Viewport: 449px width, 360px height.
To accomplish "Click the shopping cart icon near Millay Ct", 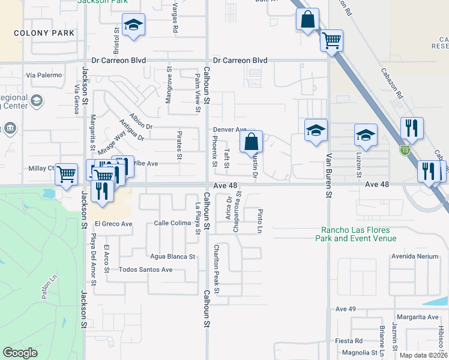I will [x=66, y=175].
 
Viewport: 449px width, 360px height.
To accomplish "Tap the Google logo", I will [x=20, y=353].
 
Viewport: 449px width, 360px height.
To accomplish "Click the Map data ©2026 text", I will [x=423, y=355].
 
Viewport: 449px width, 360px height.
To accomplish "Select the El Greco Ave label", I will [x=112, y=224].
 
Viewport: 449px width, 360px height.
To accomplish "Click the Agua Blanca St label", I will [x=173, y=256].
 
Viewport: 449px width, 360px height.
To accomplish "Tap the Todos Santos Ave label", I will [x=146, y=269].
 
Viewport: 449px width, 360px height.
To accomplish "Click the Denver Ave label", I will [x=230, y=130].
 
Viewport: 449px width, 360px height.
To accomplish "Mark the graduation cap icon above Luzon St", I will [x=365, y=135].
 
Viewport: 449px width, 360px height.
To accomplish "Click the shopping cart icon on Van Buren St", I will [x=331, y=41].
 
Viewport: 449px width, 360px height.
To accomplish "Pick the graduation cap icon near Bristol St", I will [x=133, y=25].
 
